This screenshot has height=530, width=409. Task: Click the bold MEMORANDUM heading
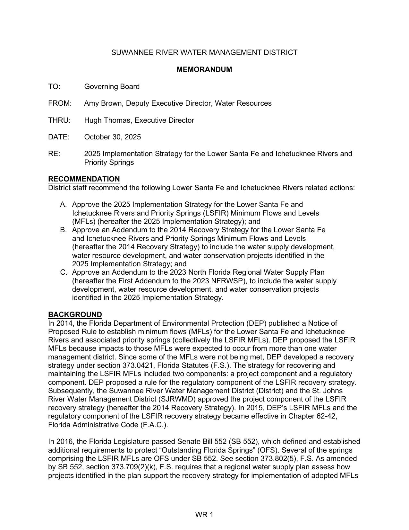click(204, 70)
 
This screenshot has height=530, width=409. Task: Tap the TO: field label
click(54, 87)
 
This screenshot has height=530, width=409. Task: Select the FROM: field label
click(60, 103)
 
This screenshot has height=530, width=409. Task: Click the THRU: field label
click(59, 120)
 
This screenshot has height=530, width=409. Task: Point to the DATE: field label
click(59, 137)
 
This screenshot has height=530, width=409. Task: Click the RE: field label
click(54, 154)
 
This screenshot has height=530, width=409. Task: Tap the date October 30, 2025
click(112, 137)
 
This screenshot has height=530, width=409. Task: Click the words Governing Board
click(112, 87)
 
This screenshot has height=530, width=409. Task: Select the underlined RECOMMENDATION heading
click(84, 179)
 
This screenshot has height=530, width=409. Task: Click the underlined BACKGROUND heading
click(75, 315)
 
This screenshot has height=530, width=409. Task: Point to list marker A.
click(63, 205)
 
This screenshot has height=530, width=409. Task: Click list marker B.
click(63, 230)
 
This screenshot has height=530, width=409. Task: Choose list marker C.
click(63, 272)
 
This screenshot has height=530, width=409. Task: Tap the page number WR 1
click(204, 515)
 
